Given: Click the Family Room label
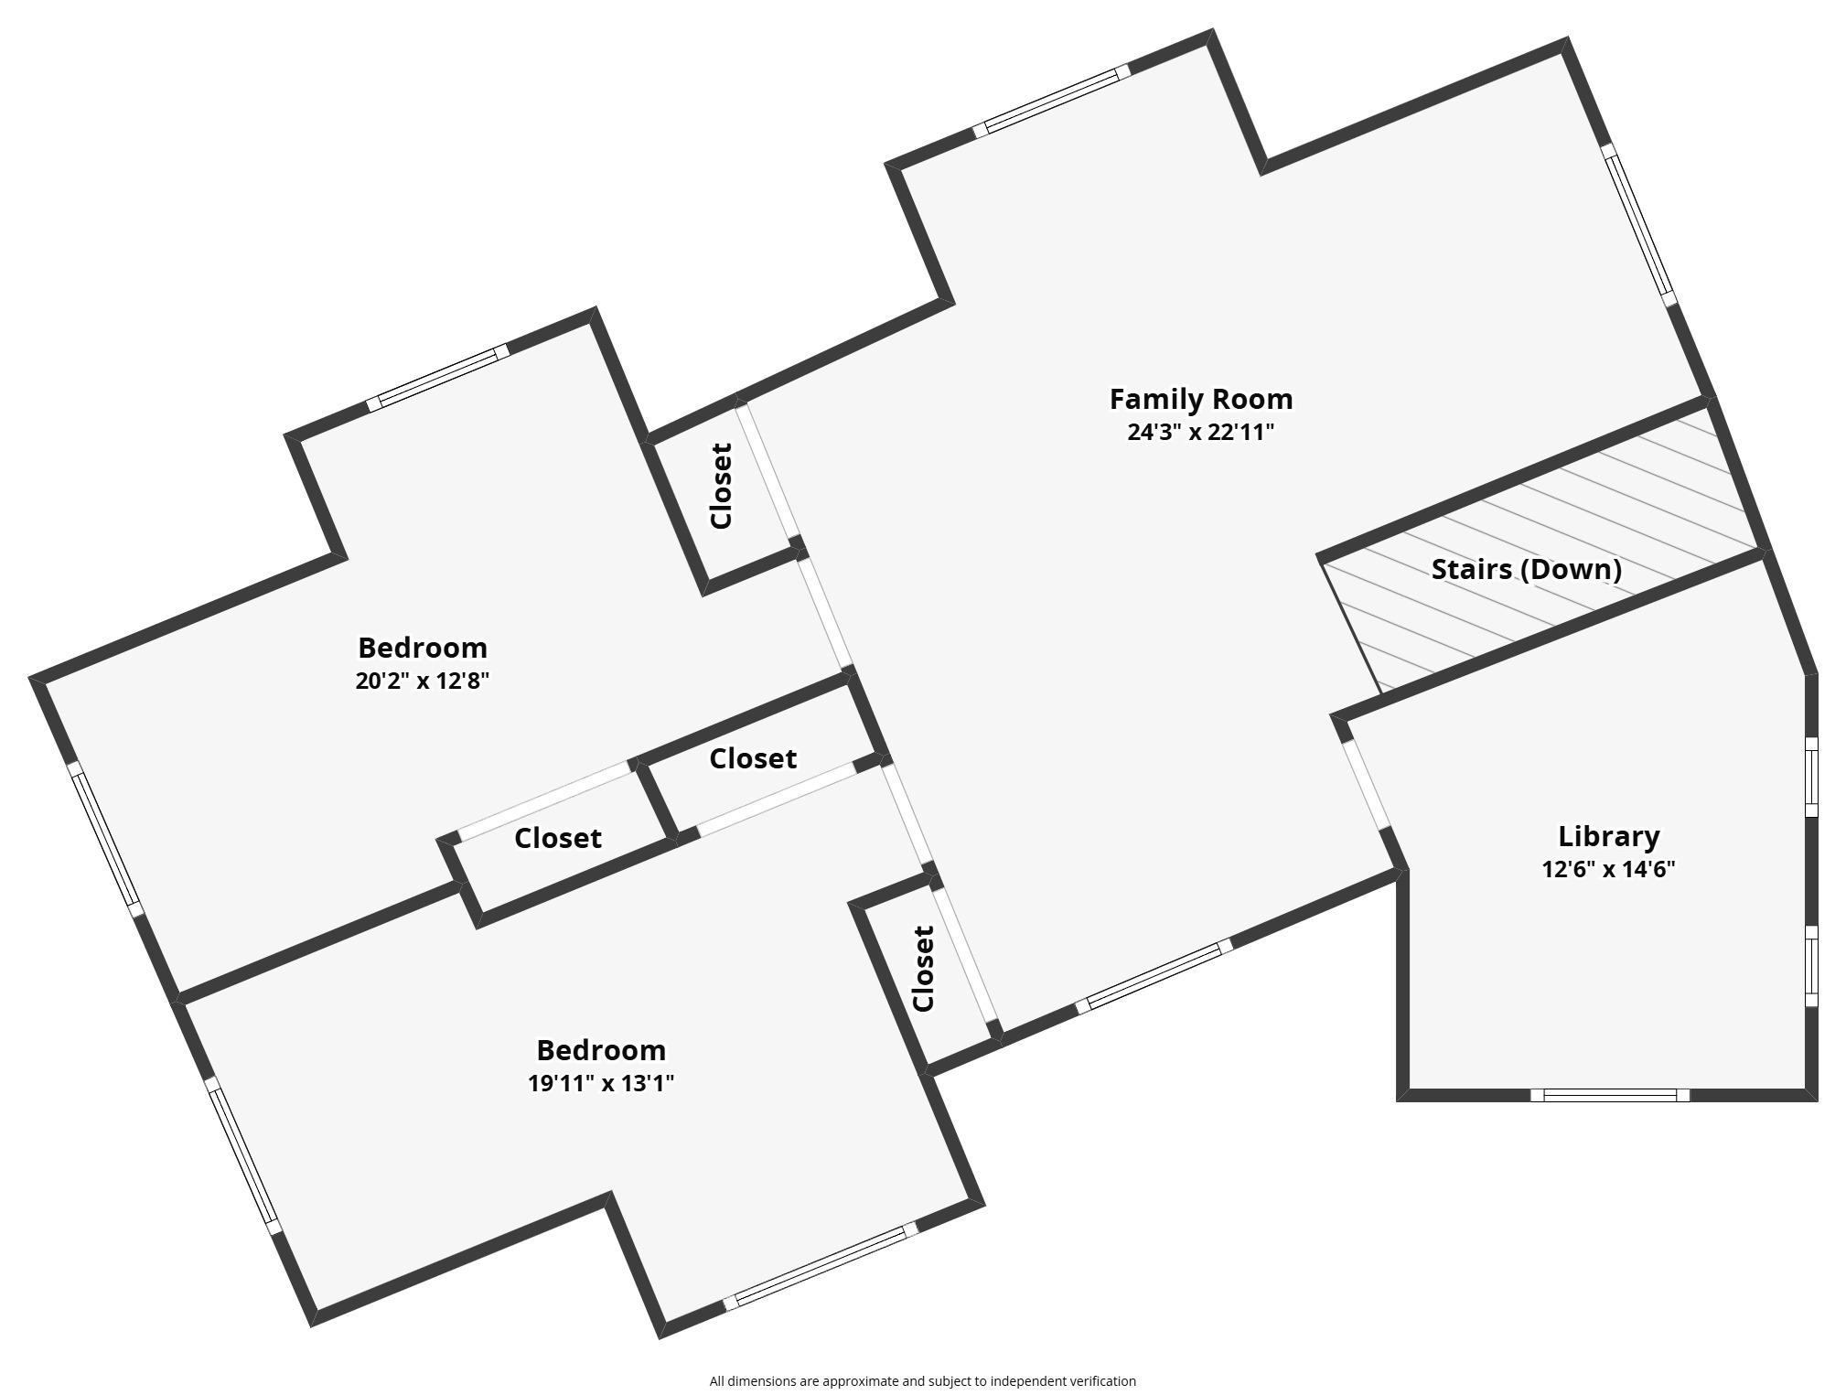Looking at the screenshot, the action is (1200, 400).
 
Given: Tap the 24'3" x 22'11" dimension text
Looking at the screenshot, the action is (1200, 433).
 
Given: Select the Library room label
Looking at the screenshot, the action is (1608, 837).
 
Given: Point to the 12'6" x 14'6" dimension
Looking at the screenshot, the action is (1608, 869).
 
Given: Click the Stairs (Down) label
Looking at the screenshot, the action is (1526, 570).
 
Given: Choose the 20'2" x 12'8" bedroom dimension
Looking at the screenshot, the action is (423, 681).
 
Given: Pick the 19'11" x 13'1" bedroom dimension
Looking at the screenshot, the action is (601, 1083).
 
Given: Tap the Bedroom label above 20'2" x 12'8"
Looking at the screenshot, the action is (423, 648).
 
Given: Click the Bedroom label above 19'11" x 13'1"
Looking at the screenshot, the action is (601, 1050).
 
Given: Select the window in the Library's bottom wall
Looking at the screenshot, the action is (1610, 1095).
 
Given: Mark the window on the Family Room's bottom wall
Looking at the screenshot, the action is (1154, 977).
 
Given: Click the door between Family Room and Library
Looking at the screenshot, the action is (1367, 786).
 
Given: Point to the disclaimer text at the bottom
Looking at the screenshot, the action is (922, 1381).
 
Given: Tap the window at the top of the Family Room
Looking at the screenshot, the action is (1052, 102).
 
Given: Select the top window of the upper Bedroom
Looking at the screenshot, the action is (437, 378).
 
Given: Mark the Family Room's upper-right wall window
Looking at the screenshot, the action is (1638, 224).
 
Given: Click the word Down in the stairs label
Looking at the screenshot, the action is (1571, 570).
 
